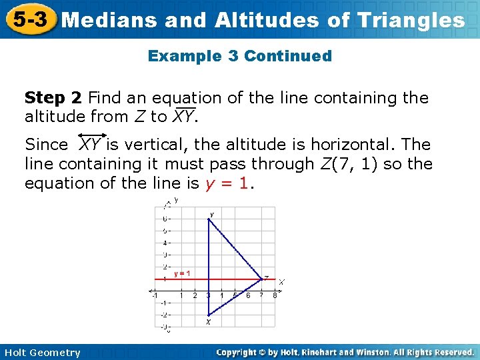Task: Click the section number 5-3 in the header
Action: click(29, 19)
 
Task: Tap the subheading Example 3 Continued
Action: click(239, 56)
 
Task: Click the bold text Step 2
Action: click(53, 98)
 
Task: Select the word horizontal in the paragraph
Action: click(365, 145)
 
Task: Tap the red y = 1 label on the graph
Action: click(182, 273)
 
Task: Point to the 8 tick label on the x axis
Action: click(275, 295)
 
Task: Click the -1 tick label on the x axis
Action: click(155, 295)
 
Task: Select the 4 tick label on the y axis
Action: click(165, 243)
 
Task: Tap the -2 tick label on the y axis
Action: click(164, 315)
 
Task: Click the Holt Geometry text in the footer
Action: click(41, 353)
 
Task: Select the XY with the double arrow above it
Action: click(90, 143)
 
